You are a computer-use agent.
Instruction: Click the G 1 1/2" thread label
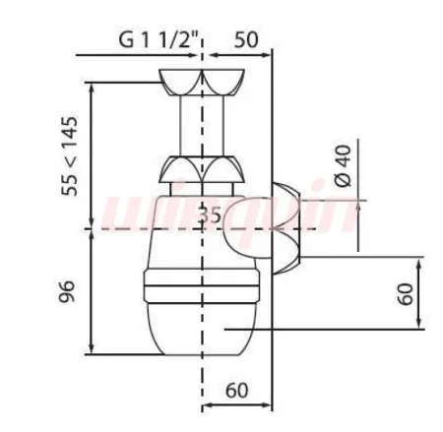pos(158,40)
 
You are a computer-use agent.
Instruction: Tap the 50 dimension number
pos(246,39)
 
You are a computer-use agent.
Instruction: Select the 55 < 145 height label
pos(70,156)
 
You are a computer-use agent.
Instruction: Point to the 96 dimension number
pos(67,291)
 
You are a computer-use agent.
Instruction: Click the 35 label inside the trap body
pos(211,216)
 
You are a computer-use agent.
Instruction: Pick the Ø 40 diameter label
pos(344,165)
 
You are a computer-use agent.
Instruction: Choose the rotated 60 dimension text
pos(406,294)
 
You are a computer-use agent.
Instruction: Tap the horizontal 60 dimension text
pos(237,390)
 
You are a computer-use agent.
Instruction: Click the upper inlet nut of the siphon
pos(202,82)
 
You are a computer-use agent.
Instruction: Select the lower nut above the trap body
pos(202,169)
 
